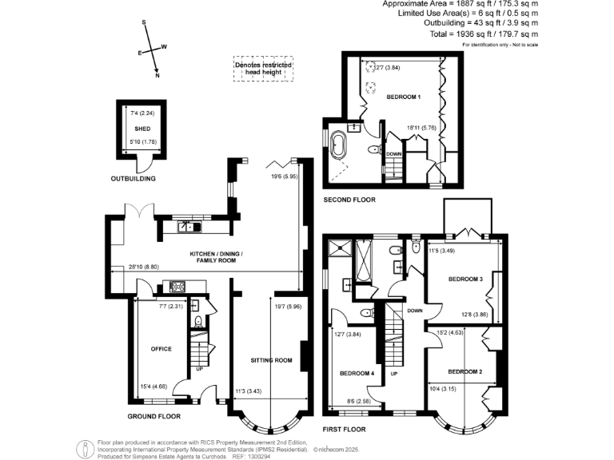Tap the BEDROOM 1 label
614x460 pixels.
coord(404,97)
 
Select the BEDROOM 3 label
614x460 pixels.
coord(464,279)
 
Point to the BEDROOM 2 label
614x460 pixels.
coord(464,372)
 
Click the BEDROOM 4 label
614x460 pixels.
coord(356,374)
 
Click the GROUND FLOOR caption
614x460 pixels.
coord(154,417)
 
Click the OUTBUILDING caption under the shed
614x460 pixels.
coord(133,178)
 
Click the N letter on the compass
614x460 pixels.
coord(157,76)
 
